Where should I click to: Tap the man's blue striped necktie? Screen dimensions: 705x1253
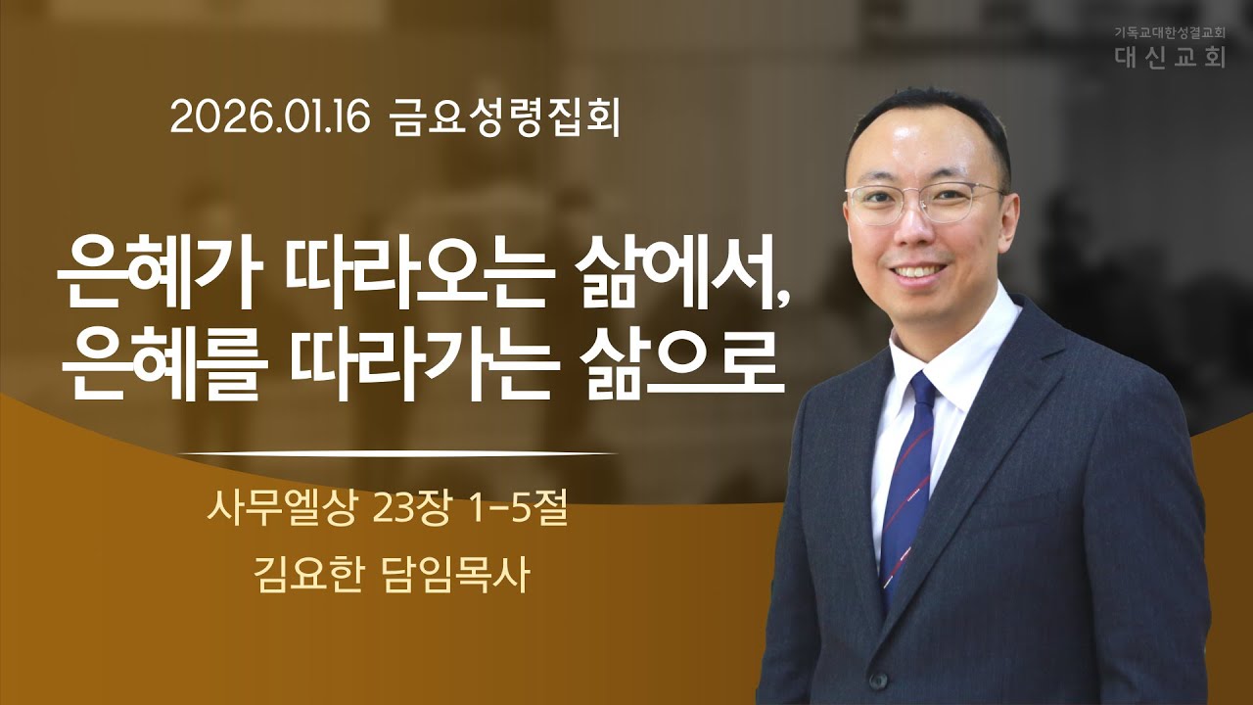click(909, 470)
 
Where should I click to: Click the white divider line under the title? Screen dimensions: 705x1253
click(401, 454)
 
